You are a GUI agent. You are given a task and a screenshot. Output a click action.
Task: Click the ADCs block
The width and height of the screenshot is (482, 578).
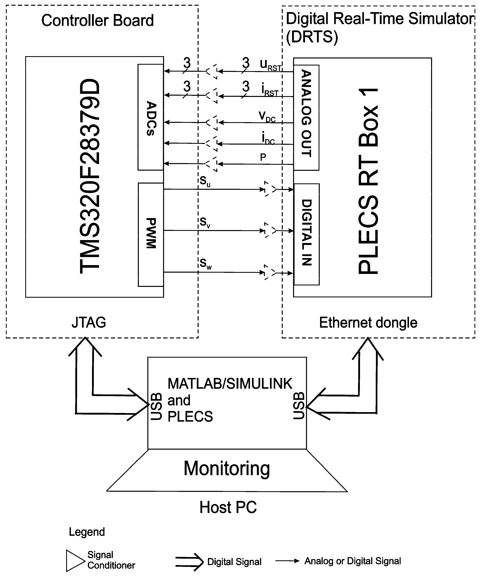coord(151,117)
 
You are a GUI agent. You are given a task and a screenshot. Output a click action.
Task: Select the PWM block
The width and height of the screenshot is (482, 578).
coord(151,235)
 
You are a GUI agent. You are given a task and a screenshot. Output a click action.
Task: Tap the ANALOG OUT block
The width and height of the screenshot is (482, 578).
coord(306,118)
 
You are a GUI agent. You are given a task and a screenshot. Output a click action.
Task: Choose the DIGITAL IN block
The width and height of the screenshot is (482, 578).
coord(306,234)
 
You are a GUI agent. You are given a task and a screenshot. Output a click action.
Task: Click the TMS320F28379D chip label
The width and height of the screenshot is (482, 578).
coord(90,176)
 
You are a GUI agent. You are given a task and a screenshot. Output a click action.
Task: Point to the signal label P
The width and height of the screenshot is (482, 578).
coord(263,157)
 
